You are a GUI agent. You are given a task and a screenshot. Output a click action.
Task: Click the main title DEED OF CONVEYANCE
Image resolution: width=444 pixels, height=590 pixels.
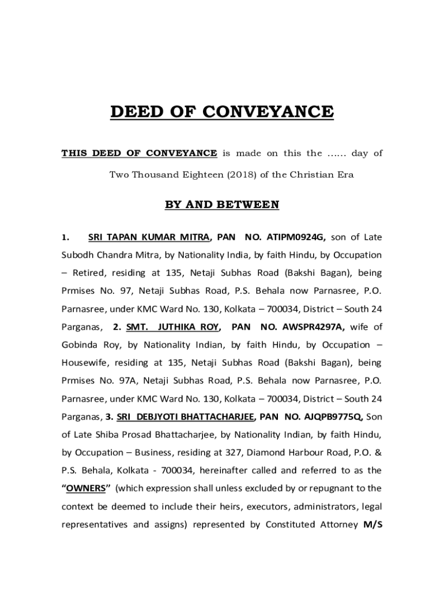coord(222,111)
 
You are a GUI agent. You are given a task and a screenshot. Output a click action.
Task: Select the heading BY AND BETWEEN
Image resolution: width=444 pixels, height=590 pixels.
coord(222,205)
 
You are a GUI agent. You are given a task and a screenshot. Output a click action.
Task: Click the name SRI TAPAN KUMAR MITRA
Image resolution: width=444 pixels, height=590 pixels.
coord(149,236)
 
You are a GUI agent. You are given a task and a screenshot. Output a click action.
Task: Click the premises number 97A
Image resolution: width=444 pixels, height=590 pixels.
coord(127,381)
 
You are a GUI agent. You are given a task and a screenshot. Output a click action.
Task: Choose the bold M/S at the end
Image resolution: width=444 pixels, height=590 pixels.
coord(372,525)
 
